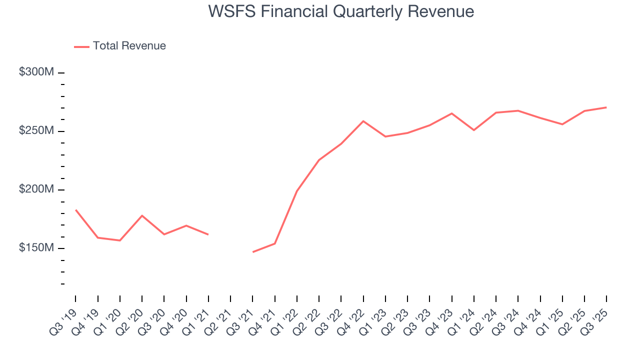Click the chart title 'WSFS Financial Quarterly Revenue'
tap(341, 11)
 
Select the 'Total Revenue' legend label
tap(129, 46)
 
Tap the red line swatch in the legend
tap(81, 46)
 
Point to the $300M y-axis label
tap(36, 72)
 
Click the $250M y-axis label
tap(36, 130)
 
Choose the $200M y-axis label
tap(36, 189)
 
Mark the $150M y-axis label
tap(36, 248)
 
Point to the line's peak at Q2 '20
tap(142, 215)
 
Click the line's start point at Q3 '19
tap(76, 210)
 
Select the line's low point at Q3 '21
tap(253, 252)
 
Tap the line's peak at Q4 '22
tap(363, 121)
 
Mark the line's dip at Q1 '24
tap(473, 130)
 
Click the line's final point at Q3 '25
tap(606, 107)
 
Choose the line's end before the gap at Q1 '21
tap(208, 234)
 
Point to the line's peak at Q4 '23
tap(451, 113)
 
